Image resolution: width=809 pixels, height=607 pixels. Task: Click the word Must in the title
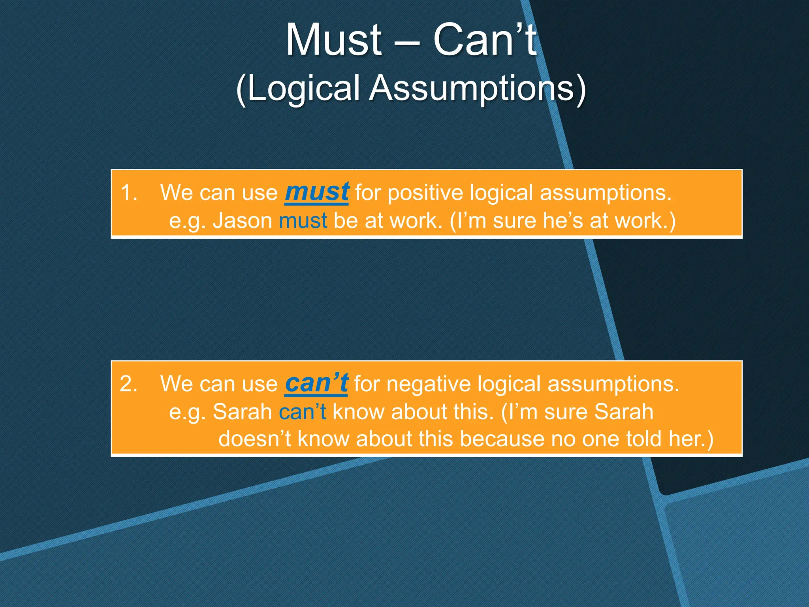point(334,40)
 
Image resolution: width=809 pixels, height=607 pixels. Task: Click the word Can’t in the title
point(485,40)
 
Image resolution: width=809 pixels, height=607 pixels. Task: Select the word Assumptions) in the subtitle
point(478,88)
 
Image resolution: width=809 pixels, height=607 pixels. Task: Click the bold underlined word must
point(317,192)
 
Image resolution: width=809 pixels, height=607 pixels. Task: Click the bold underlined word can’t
point(316,383)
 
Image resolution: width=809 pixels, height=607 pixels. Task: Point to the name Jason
point(243,221)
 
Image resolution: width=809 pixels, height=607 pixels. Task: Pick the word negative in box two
point(428,384)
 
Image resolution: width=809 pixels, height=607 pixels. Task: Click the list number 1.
point(129,193)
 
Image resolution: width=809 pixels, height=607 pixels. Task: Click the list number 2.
point(129,384)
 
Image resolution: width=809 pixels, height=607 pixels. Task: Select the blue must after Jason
point(303,221)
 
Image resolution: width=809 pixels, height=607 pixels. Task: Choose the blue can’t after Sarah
point(303,412)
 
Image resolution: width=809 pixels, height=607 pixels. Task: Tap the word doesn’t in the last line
point(255,439)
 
